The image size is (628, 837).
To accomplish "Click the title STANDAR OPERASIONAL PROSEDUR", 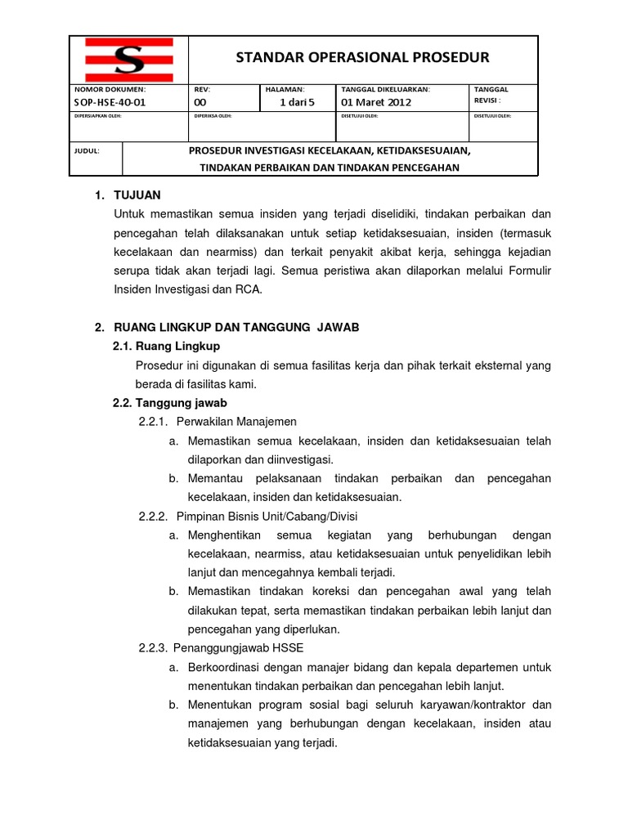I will (362, 57).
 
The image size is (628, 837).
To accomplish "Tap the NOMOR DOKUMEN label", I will (110, 89).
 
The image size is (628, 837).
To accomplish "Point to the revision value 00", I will (200, 102).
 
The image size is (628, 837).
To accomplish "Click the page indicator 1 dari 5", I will (297, 102).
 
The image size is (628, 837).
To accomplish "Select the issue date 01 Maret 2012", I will (376, 102).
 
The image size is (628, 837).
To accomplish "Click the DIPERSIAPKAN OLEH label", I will (102, 116).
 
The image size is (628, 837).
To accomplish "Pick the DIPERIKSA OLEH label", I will (213, 116).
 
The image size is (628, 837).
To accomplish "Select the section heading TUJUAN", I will (138, 195).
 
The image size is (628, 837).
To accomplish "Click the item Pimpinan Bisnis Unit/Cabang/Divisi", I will (267, 517).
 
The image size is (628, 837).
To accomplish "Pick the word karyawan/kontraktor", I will (481, 705).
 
